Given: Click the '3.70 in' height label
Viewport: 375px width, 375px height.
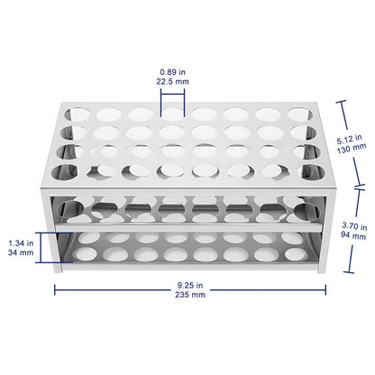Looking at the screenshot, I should (x=357, y=228).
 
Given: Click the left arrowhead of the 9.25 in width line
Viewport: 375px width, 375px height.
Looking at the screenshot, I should (x=56, y=289).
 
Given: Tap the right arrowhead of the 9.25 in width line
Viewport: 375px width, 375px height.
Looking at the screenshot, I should (x=325, y=289).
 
